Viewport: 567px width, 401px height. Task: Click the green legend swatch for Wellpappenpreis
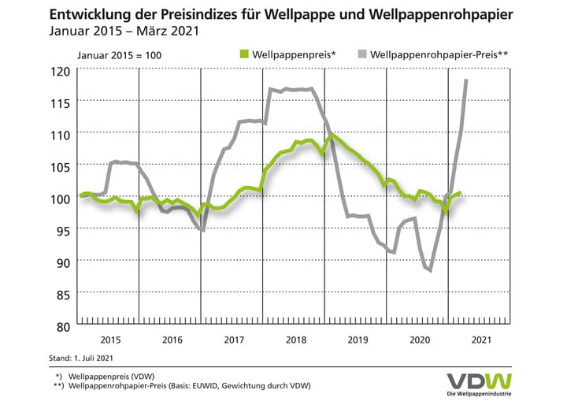pyautogui.click(x=244, y=54)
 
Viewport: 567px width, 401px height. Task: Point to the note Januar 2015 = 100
pyautogui.click(x=119, y=54)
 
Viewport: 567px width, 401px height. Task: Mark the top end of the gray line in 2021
pyautogui.click(x=467, y=80)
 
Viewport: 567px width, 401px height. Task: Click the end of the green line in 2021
pyautogui.click(x=460, y=192)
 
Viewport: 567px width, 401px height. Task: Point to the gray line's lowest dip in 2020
pyautogui.click(x=430, y=270)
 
